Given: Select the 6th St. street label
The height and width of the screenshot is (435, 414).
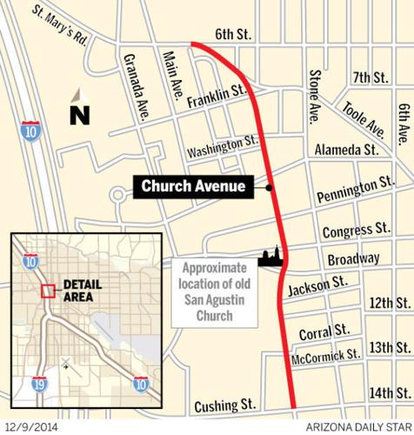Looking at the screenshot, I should pyautogui.click(x=233, y=35).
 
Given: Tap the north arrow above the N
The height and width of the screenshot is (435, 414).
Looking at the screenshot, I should pyautogui.click(x=78, y=96).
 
